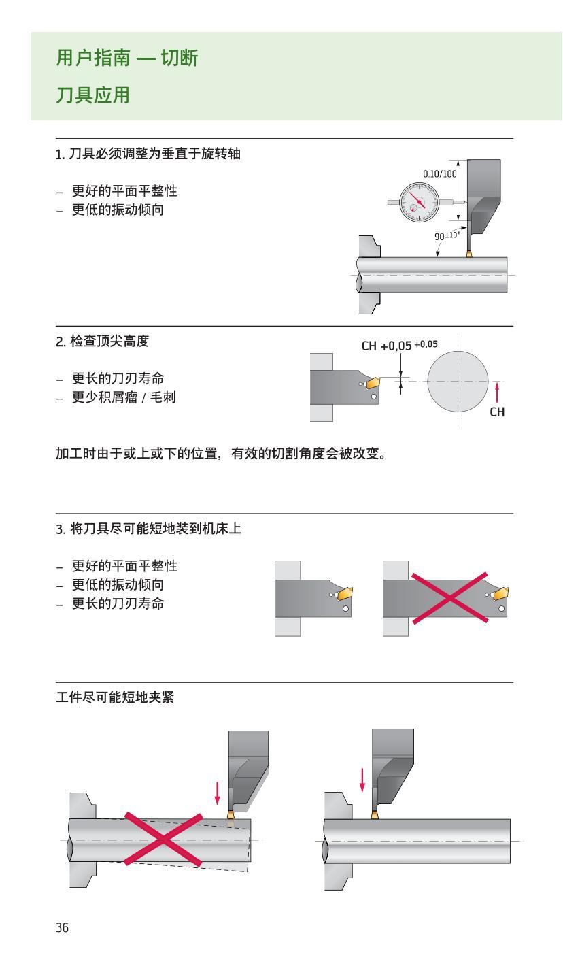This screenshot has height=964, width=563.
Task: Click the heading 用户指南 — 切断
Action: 126,59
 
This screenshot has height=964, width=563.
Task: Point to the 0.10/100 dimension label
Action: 439,174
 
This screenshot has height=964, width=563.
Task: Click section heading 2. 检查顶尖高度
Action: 103,342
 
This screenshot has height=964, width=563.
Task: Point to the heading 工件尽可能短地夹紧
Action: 114,698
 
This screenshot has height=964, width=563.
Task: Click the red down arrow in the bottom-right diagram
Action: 362,779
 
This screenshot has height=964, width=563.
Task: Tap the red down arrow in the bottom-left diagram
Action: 216,791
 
